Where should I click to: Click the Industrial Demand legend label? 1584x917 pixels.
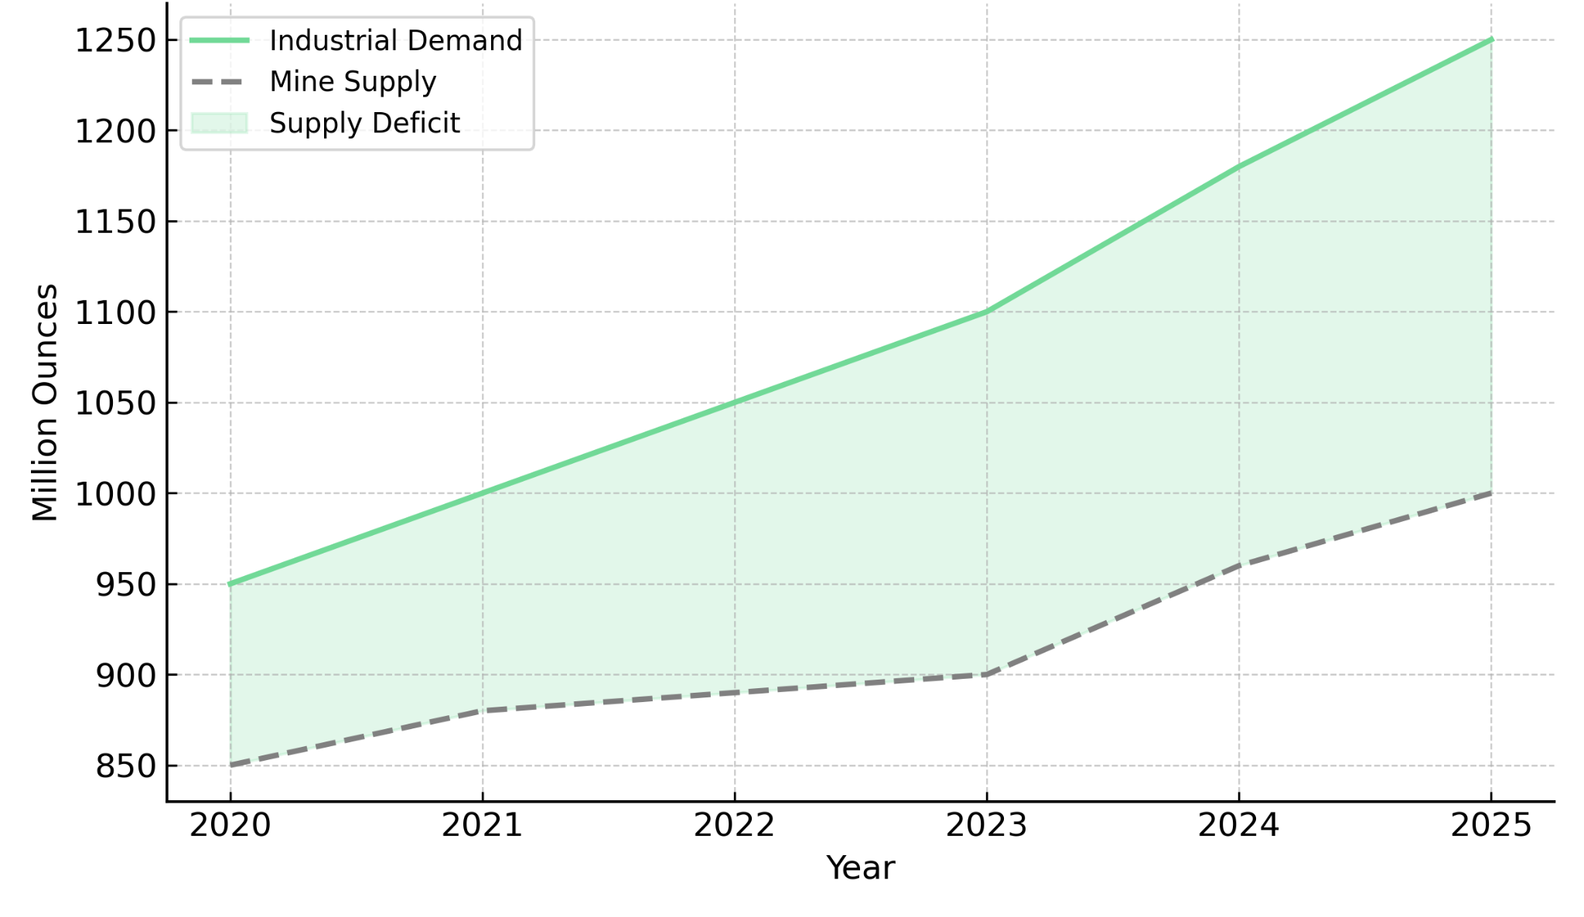395,40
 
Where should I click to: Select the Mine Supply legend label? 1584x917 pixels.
353,81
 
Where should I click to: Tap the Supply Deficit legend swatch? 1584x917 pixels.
219,123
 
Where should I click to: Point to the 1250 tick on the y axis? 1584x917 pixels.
115,40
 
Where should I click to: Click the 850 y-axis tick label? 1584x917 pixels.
125,766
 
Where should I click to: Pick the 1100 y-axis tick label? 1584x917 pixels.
115,312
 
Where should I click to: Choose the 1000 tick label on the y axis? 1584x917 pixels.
115,494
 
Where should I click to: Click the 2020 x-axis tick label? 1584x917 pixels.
230,826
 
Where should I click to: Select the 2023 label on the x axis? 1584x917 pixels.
986,826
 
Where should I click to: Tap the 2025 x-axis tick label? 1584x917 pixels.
1490,826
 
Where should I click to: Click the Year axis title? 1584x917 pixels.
860,868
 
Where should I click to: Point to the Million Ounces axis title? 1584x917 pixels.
45,402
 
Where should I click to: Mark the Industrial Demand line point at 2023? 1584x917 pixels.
986,312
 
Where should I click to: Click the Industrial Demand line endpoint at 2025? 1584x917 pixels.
1490,39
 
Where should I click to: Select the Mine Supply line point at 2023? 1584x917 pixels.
986,675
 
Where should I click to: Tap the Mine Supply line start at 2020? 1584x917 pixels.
230,765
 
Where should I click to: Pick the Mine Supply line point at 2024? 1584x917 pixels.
1239,566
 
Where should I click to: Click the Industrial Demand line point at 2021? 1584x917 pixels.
483,493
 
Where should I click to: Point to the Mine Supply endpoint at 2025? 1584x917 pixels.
1490,493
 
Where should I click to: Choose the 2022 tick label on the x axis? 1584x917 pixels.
734,826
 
